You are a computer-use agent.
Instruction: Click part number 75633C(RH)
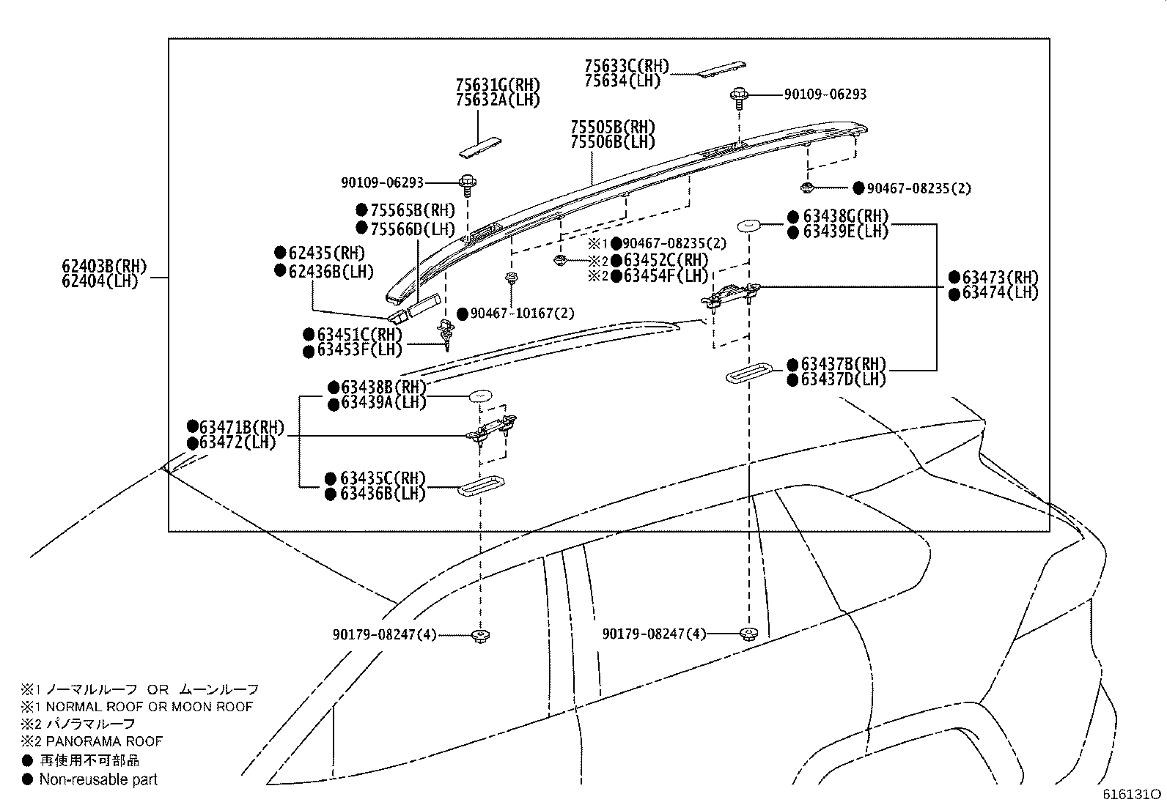click(x=627, y=66)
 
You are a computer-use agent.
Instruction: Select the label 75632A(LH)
click(x=498, y=100)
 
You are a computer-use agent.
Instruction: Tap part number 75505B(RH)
click(x=613, y=127)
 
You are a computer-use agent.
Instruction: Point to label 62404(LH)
click(x=100, y=281)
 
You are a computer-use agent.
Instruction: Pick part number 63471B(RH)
click(x=242, y=427)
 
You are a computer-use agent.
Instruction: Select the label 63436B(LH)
click(x=383, y=493)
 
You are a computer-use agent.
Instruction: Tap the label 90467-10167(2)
click(x=522, y=313)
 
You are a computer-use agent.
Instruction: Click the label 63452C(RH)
click(x=666, y=259)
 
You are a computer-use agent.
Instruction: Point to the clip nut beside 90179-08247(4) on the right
click(x=748, y=634)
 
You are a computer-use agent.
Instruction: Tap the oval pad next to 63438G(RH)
click(x=748, y=226)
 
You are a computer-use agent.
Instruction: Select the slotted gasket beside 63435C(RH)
click(x=480, y=486)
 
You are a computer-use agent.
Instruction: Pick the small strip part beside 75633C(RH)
click(x=721, y=69)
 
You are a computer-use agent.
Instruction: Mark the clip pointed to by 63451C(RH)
click(x=446, y=333)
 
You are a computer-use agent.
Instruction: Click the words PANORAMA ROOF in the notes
click(x=104, y=741)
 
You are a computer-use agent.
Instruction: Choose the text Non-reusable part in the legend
click(x=98, y=779)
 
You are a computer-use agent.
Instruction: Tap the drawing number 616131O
click(x=1132, y=794)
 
